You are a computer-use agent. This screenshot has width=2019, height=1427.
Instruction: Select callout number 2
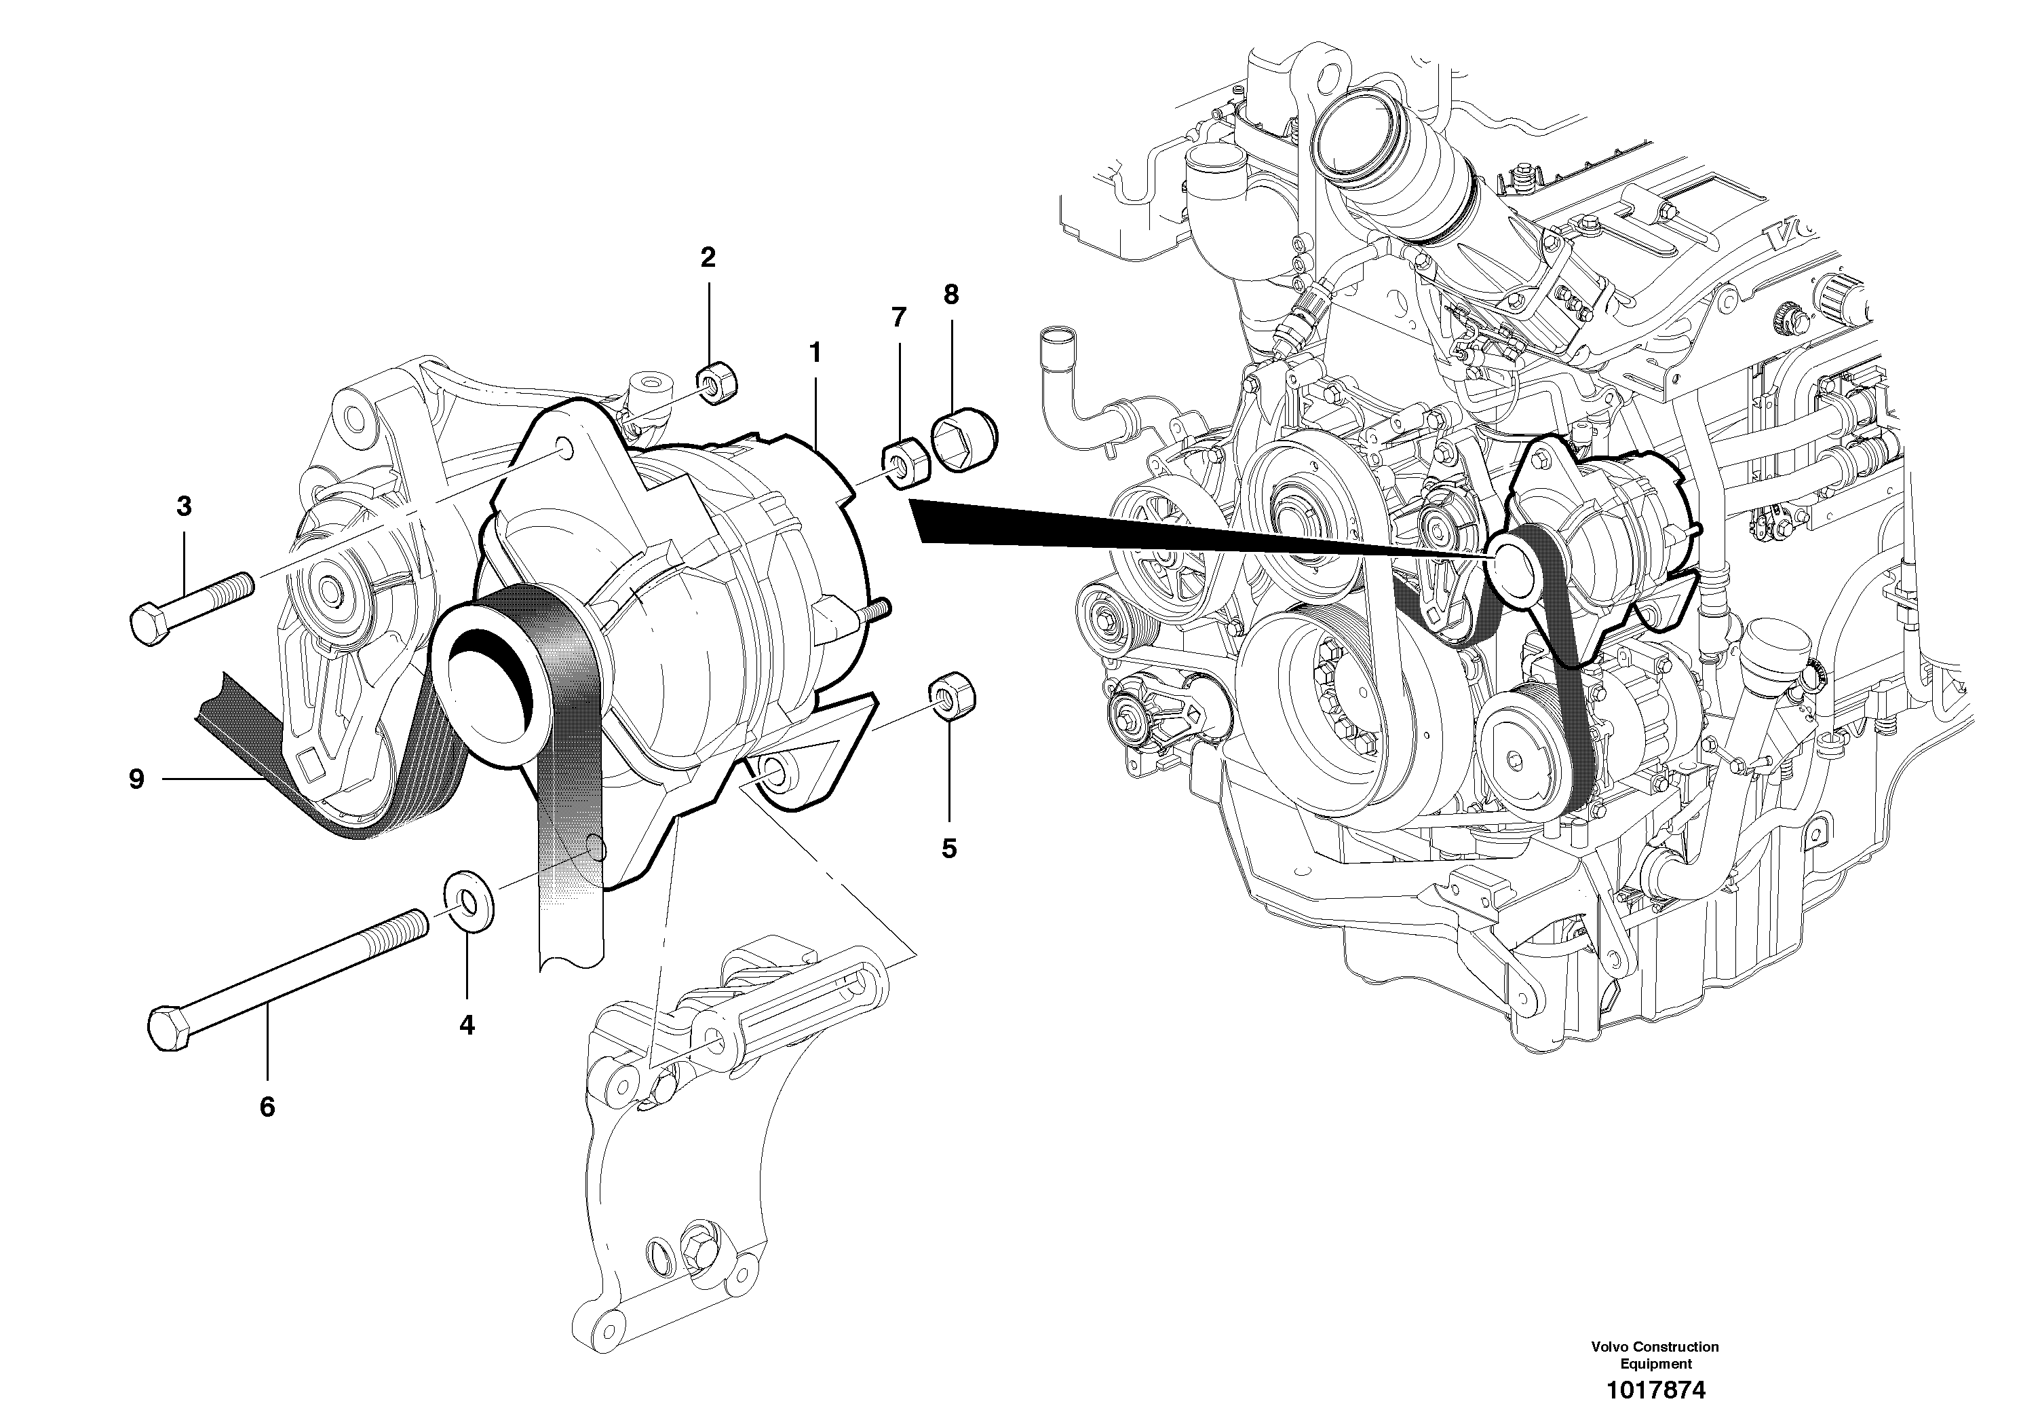707,258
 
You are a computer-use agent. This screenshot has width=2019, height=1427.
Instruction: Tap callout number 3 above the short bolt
183,506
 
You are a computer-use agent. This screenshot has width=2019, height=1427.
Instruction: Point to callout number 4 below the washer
466,1025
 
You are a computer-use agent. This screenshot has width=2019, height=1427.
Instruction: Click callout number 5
949,848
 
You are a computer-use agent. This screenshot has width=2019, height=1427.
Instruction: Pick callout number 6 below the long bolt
267,1107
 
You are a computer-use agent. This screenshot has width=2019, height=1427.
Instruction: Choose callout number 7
898,317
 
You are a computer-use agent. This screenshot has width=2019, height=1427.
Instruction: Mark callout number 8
950,295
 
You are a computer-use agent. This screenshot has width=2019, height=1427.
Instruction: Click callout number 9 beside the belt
136,779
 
